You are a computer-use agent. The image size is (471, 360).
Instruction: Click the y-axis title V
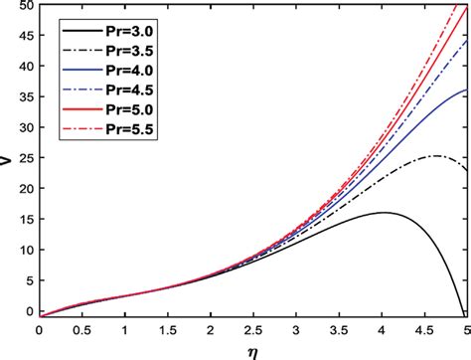[8, 159]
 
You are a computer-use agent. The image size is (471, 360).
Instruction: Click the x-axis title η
[252, 348]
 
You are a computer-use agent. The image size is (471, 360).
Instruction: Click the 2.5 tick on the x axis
[253, 328]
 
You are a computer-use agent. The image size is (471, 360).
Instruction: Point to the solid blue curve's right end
[467, 90]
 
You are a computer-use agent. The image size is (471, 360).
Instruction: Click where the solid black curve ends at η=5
[467, 310]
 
